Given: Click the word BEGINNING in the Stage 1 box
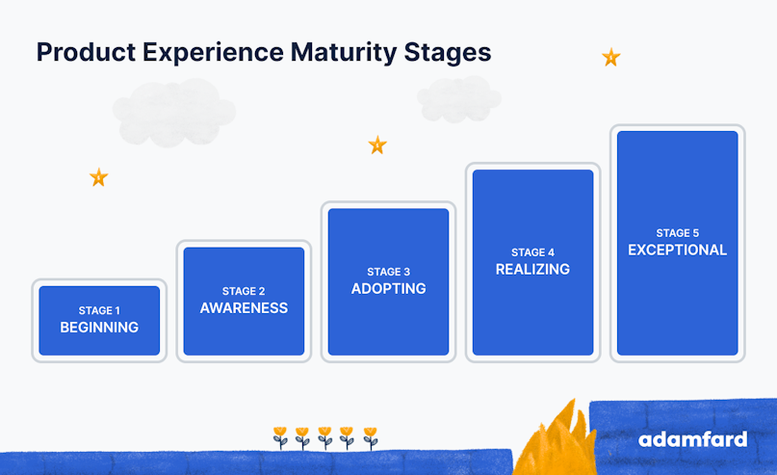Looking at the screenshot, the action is pyautogui.click(x=99, y=328).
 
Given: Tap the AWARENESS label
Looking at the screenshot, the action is pyautogui.click(x=244, y=308).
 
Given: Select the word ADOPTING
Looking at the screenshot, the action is pyautogui.click(x=389, y=289).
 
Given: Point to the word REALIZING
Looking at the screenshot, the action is pyautogui.click(x=532, y=269).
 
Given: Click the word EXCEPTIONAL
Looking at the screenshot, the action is pyautogui.click(x=678, y=250).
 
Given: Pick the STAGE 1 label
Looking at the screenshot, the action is pyautogui.click(x=99, y=310).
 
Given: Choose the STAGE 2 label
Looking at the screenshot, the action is pyautogui.click(x=244, y=291).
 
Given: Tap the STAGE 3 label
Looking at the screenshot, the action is pyautogui.click(x=389, y=272).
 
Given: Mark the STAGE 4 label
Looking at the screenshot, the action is pyautogui.click(x=532, y=252).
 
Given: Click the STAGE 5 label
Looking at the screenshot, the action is pyautogui.click(x=678, y=233).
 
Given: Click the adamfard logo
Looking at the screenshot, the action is pyautogui.click(x=693, y=439).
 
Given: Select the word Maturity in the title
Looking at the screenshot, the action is pyautogui.click(x=344, y=53).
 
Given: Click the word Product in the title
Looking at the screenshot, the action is pyautogui.click(x=86, y=52).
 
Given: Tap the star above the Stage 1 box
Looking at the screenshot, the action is pyautogui.click(x=98, y=177).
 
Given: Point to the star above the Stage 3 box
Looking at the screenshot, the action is pyautogui.click(x=377, y=145).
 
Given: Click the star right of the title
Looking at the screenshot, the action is pyautogui.click(x=611, y=57).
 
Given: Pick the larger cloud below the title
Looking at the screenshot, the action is pyautogui.click(x=174, y=113).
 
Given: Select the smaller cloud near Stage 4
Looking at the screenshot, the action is pyautogui.click(x=459, y=99).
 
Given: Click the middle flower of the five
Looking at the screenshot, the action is pyautogui.click(x=325, y=437).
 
